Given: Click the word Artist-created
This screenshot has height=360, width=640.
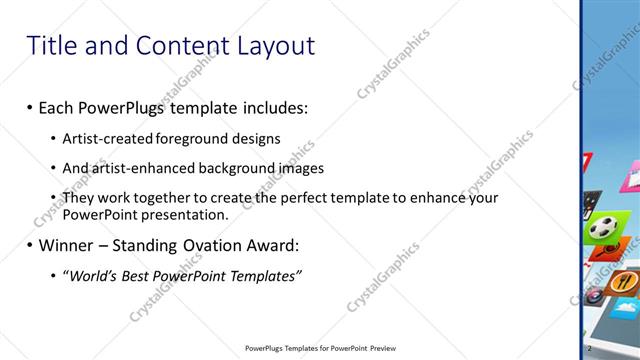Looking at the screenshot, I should (x=107, y=138).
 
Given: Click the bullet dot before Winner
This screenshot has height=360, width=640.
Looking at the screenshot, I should (x=29, y=246).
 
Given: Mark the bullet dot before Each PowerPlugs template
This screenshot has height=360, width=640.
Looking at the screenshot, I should (x=29, y=107).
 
